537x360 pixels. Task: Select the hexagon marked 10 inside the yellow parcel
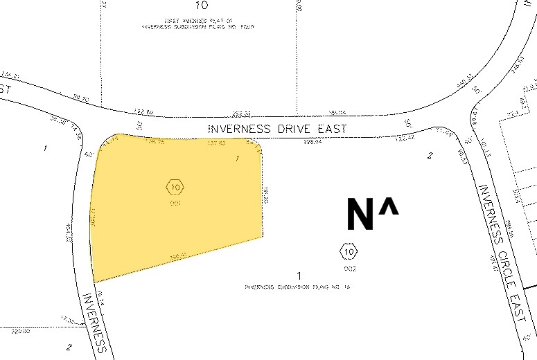click(175, 186)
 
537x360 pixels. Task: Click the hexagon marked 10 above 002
click(348, 251)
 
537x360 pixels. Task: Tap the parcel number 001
click(175, 204)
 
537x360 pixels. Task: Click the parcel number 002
click(349, 267)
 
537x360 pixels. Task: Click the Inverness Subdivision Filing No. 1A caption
click(299, 287)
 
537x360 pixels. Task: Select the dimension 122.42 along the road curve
click(404, 138)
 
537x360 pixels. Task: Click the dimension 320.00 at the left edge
click(21, 332)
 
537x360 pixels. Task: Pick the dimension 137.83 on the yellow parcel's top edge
click(217, 143)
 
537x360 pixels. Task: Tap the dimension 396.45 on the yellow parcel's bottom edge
click(177, 256)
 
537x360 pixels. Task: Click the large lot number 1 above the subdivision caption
click(299, 276)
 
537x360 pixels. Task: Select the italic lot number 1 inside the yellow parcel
click(238, 159)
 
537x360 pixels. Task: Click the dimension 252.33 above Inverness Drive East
click(241, 112)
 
